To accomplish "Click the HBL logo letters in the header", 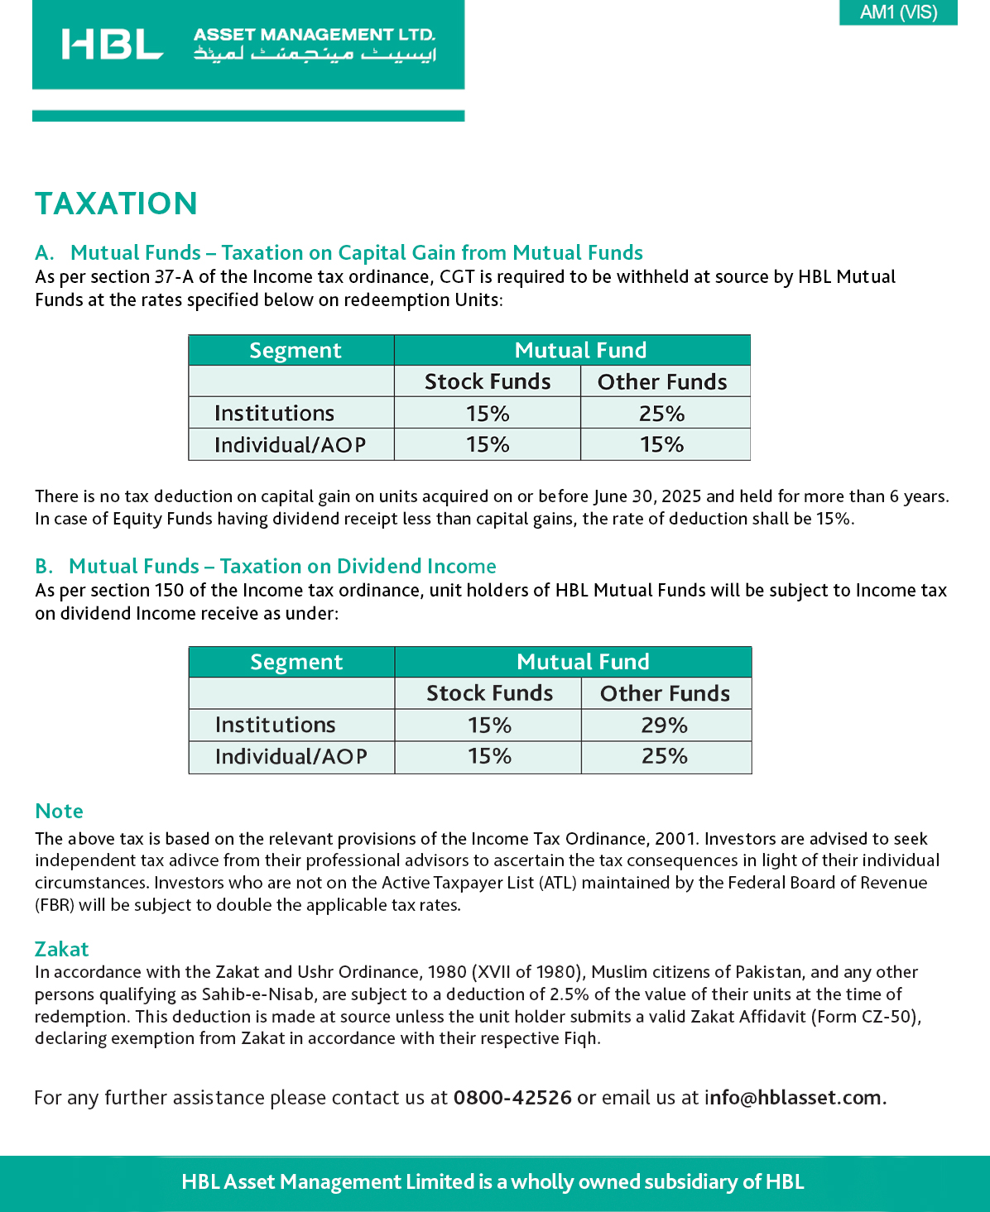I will click(112, 45).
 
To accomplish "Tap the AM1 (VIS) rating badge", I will click(898, 12).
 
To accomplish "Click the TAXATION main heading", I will click(116, 204).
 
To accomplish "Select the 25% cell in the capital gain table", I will click(661, 414).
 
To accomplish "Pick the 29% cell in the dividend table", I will click(664, 726).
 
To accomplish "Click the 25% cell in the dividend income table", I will click(664, 756).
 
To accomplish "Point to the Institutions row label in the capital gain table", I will click(274, 414).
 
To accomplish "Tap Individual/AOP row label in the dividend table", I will click(291, 756).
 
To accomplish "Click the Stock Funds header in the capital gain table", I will click(488, 381).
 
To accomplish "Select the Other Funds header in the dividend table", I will click(665, 693).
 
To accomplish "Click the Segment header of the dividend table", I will click(296, 662).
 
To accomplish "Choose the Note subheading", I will click(59, 811).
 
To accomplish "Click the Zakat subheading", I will click(61, 949).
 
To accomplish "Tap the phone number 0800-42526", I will click(512, 1098).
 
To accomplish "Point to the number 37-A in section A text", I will click(174, 277).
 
